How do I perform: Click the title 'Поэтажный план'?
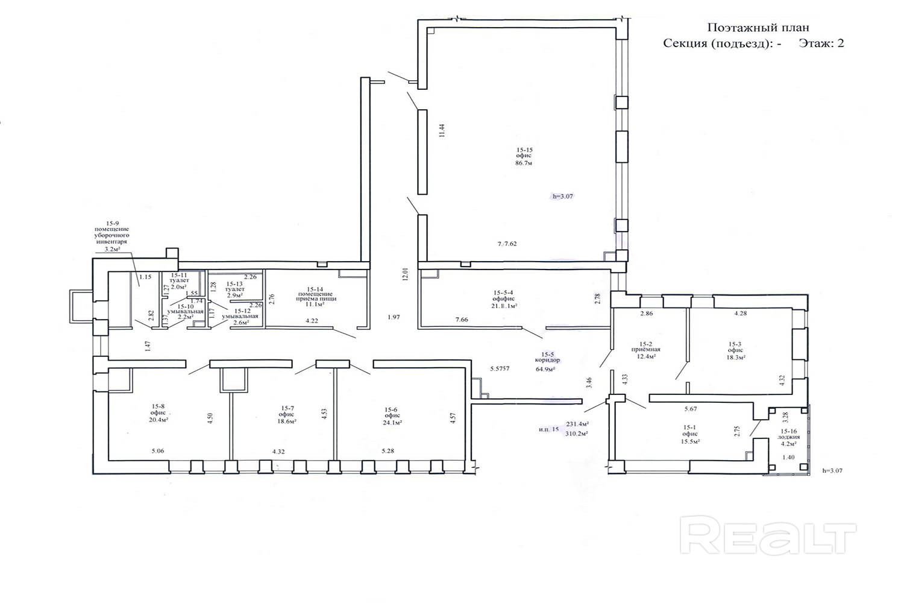(x=757, y=28)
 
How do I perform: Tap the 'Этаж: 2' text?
(x=821, y=43)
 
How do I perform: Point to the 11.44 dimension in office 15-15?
(x=441, y=131)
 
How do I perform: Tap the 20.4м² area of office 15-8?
(x=160, y=420)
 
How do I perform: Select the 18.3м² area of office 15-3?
(x=735, y=357)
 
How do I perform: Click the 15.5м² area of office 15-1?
(x=691, y=441)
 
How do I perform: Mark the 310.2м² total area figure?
(x=577, y=433)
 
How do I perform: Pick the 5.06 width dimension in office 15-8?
(x=158, y=450)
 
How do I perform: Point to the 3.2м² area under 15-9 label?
(x=113, y=248)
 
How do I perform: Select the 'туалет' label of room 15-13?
(x=234, y=289)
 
